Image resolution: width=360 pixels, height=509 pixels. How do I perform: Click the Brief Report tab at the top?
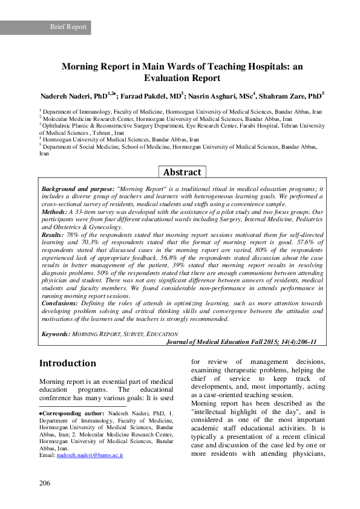[68, 27]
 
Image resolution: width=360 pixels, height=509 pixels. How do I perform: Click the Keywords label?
[56, 334]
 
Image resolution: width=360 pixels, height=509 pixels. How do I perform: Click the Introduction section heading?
[68, 364]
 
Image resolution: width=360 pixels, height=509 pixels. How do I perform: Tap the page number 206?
[45, 482]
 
